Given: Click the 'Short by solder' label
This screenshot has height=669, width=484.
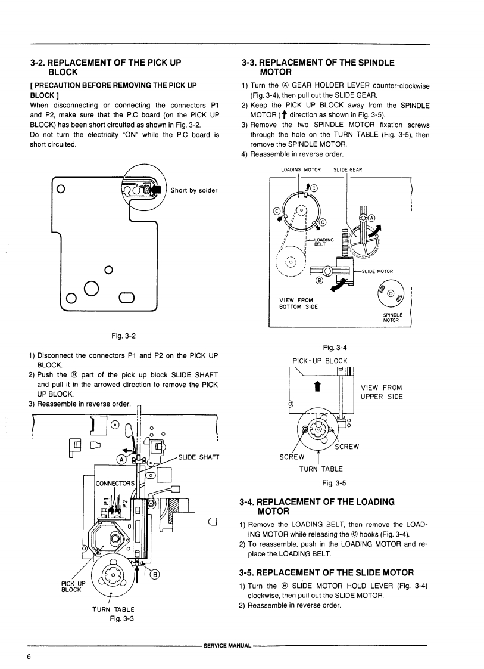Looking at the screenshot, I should (193, 191).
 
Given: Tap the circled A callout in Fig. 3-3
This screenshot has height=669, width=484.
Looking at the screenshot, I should (121, 459).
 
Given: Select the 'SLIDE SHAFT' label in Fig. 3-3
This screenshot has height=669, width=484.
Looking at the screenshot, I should (199, 457).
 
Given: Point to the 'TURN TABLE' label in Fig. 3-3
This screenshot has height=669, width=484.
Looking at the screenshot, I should (113, 609).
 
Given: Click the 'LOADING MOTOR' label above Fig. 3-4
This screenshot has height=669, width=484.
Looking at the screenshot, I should (301, 170).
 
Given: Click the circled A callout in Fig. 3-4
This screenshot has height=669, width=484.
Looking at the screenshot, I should (372, 217).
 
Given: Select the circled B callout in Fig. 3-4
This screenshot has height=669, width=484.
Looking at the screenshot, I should (318, 281).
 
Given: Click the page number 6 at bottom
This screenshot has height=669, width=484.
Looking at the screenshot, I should (28, 656).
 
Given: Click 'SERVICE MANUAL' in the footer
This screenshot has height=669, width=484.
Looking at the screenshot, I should (227, 645).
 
